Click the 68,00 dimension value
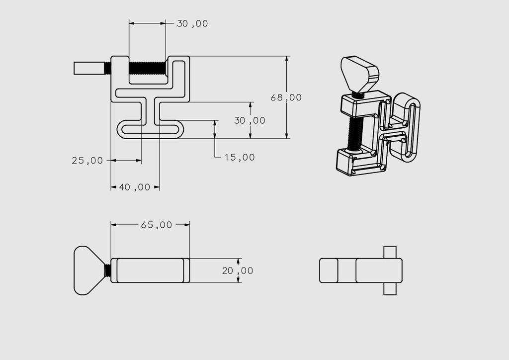286,97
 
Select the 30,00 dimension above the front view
192,23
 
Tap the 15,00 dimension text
240,157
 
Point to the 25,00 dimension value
87,160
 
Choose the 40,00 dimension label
134,187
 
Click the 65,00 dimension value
157,225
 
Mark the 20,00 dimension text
237,270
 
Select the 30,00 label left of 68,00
250,120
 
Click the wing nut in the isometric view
360,73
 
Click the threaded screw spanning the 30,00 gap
147,66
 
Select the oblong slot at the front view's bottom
150,130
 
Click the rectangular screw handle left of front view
89,68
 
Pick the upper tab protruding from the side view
390,252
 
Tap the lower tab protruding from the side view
390,289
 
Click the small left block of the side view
328,270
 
